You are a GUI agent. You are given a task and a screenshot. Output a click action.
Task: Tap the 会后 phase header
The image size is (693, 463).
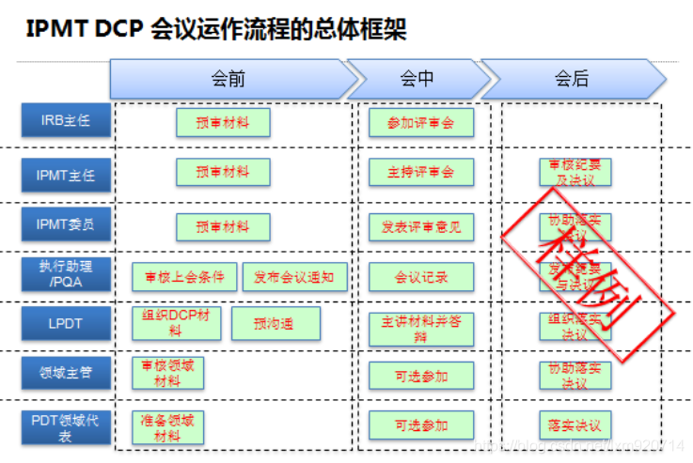click(x=571, y=79)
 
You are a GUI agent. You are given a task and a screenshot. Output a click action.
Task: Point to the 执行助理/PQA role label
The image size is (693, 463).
click(x=66, y=274)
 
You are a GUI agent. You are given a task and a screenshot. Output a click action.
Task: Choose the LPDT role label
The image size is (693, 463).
click(x=66, y=324)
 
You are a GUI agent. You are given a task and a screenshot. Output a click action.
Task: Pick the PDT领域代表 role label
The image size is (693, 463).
click(x=66, y=427)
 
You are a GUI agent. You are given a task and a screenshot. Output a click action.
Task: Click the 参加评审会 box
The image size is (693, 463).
click(x=420, y=122)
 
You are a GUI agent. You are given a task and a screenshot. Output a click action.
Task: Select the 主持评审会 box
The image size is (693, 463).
click(x=420, y=173)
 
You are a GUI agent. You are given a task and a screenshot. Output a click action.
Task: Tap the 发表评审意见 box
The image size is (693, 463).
click(x=420, y=226)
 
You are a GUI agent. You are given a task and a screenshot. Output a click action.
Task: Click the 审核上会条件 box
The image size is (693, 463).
click(x=184, y=277)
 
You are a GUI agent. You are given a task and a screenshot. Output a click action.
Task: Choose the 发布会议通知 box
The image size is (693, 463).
click(x=294, y=277)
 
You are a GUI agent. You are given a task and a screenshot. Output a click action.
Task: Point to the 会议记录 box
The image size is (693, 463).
click(x=420, y=277)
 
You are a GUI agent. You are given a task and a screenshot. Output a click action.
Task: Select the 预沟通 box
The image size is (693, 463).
click(x=275, y=324)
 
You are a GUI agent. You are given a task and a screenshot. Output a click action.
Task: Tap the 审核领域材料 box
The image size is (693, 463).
click(x=167, y=373)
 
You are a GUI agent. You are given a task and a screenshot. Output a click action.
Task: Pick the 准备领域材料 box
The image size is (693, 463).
click(x=167, y=427)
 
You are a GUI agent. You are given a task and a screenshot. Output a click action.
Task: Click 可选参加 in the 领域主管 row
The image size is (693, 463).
click(x=420, y=376)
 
